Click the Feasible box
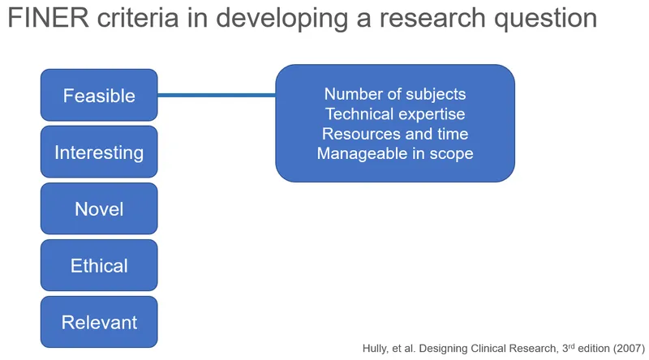click(x=99, y=96)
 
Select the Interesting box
click(x=99, y=152)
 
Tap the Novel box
click(x=99, y=209)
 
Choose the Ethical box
click(x=99, y=266)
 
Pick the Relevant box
click(x=99, y=322)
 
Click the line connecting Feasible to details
click(x=217, y=96)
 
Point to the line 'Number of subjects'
click(x=395, y=95)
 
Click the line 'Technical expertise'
click(x=395, y=114)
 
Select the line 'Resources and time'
click(x=395, y=134)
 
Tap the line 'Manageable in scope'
click(x=395, y=153)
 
